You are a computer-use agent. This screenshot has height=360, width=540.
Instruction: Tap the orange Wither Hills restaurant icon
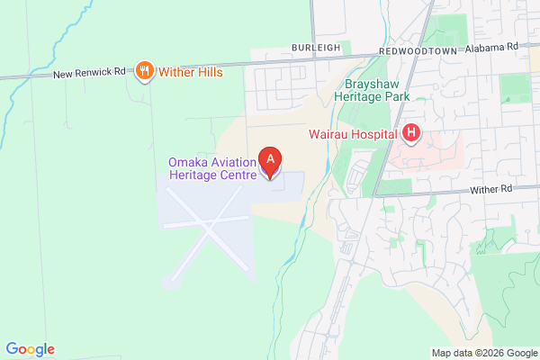144,71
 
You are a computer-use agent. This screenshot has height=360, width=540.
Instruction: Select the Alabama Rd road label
495,45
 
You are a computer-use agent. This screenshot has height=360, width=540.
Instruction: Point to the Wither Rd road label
492,189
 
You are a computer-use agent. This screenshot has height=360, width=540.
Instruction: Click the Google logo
30,349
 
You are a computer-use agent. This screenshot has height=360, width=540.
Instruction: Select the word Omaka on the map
187,162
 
